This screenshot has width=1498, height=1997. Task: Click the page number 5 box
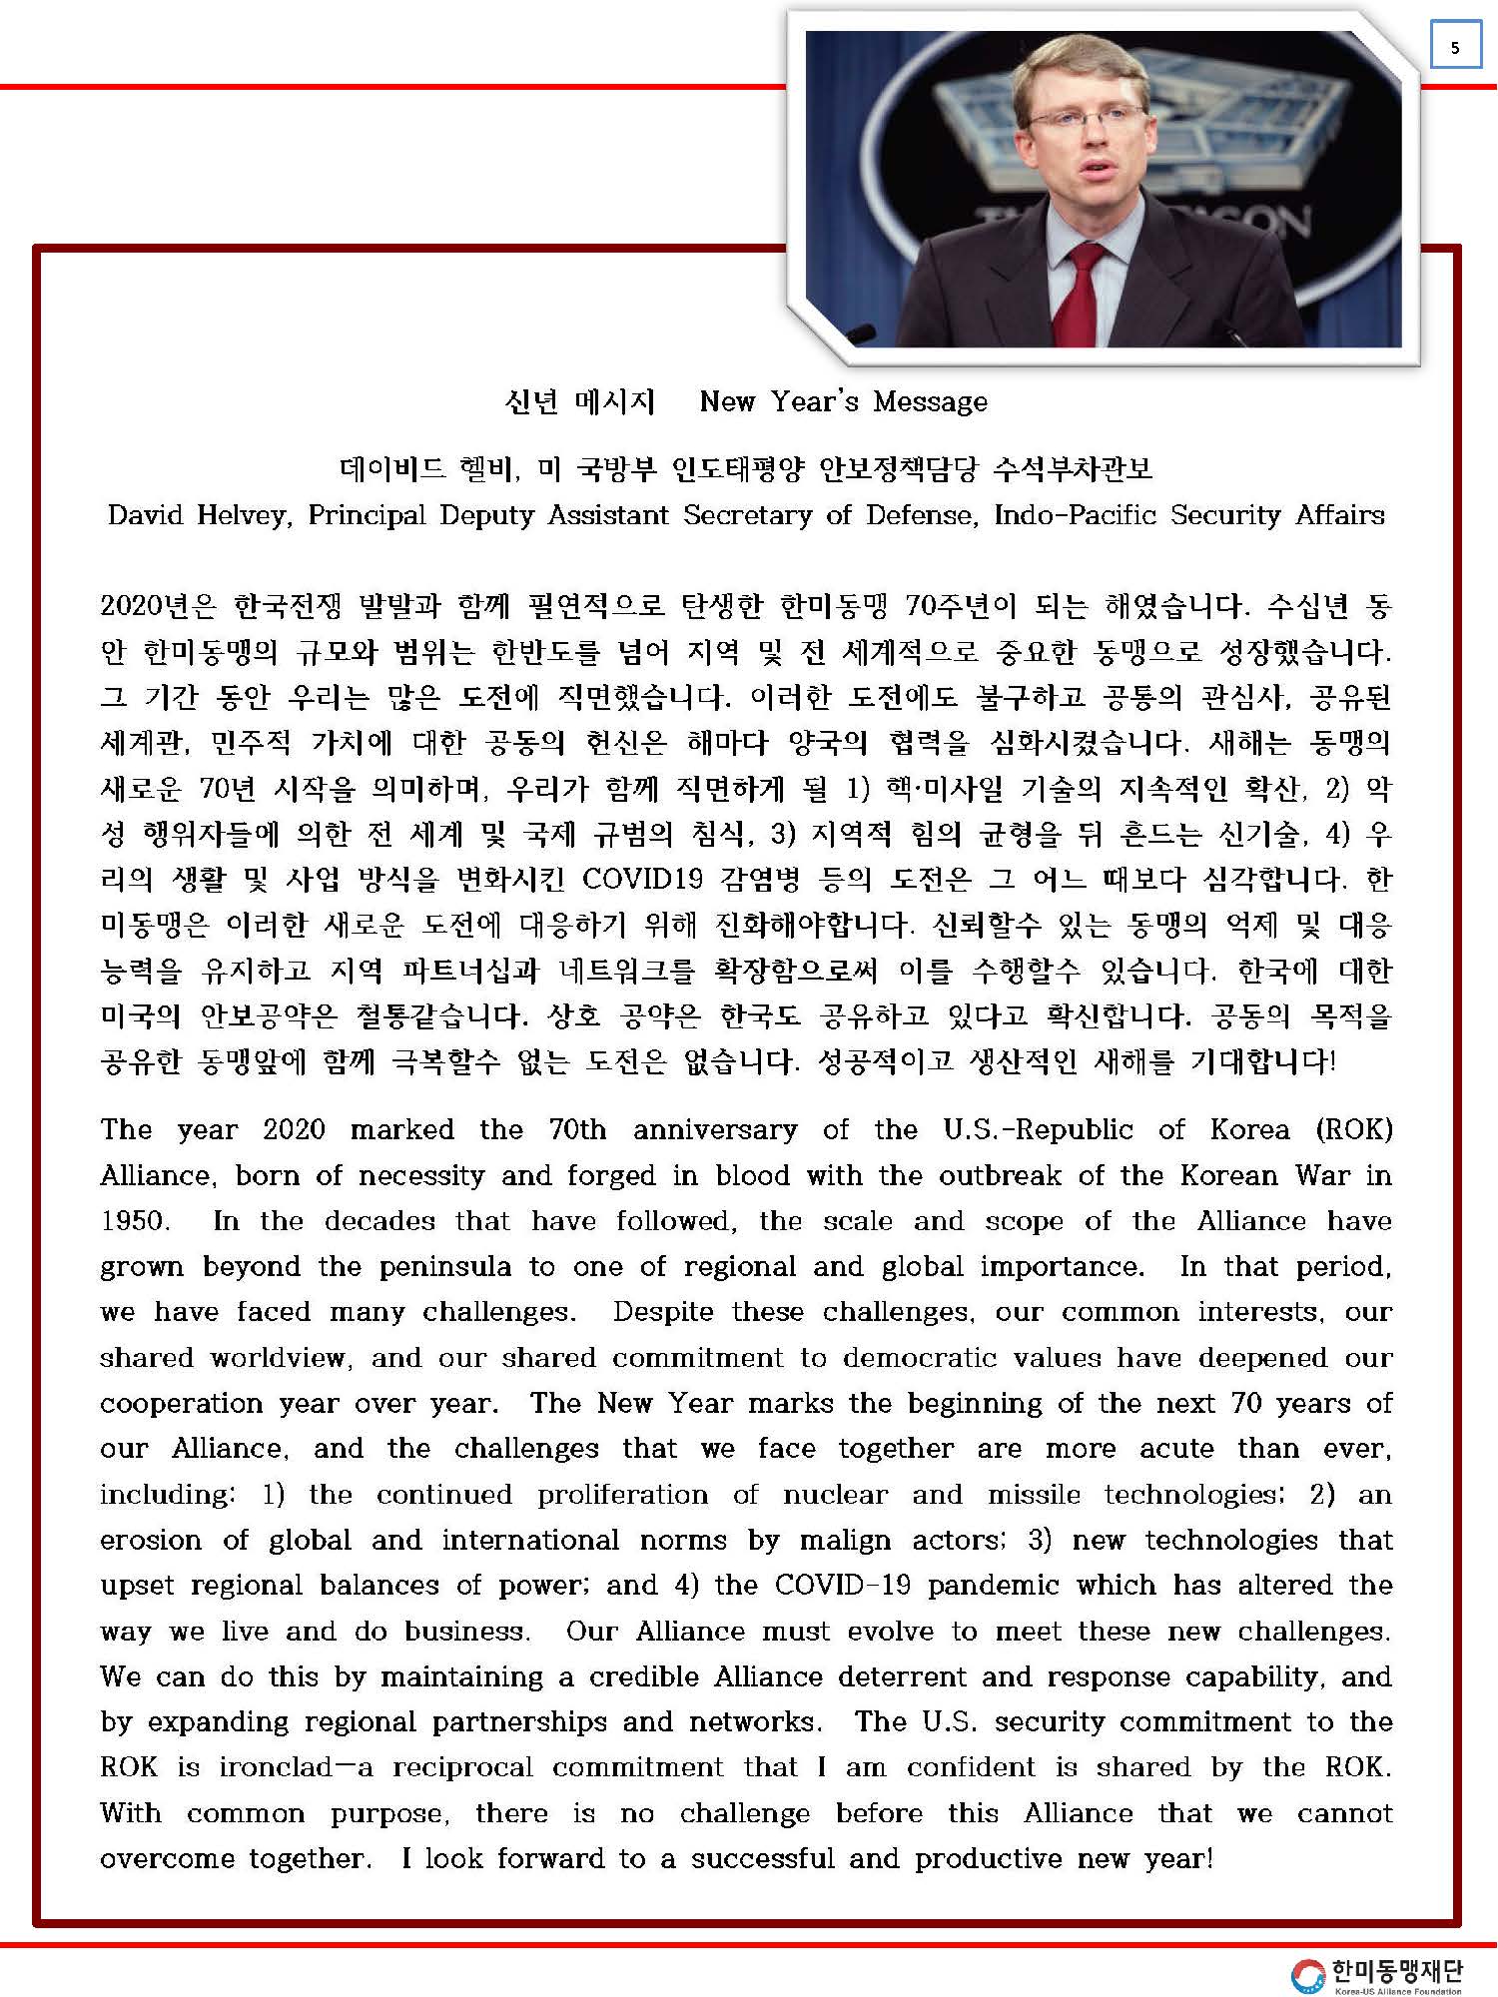pyautogui.click(x=1454, y=47)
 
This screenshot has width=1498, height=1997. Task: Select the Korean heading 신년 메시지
pyautogui.click(x=579, y=401)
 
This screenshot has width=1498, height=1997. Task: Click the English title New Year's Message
pyautogui.click(x=843, y=401)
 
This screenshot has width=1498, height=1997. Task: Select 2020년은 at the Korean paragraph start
pyautogui.click(x=158, y=606)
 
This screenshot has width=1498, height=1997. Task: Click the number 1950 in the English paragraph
pyautogui.click(x=133, y=1221)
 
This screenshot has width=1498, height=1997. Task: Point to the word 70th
pyautogui.click(x=576, y=1130)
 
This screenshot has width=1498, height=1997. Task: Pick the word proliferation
pyautogui.click(x=622, y=1495)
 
